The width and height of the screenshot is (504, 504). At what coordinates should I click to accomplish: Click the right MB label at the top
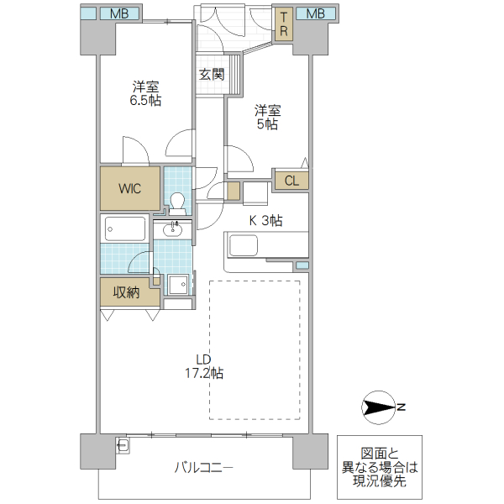[315, 13]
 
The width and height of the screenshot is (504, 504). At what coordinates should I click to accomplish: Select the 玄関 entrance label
[212, 74]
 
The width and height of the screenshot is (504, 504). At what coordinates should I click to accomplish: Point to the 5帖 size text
[267, 124]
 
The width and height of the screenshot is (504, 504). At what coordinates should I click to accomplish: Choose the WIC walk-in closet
[129, 188]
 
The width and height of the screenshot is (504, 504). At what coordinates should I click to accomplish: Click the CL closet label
[291, 181]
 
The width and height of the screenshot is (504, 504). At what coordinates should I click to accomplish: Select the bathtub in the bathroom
[125, 228]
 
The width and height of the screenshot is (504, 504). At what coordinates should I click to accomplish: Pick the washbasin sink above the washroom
[175, 228]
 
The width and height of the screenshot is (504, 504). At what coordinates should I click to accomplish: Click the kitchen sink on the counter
[244, 246]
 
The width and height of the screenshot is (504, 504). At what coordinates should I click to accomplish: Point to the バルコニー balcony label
[204, 468]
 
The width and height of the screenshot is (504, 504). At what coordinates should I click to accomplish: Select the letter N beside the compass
[402, 408]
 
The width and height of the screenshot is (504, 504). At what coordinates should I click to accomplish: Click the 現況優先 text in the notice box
[377, 481]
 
